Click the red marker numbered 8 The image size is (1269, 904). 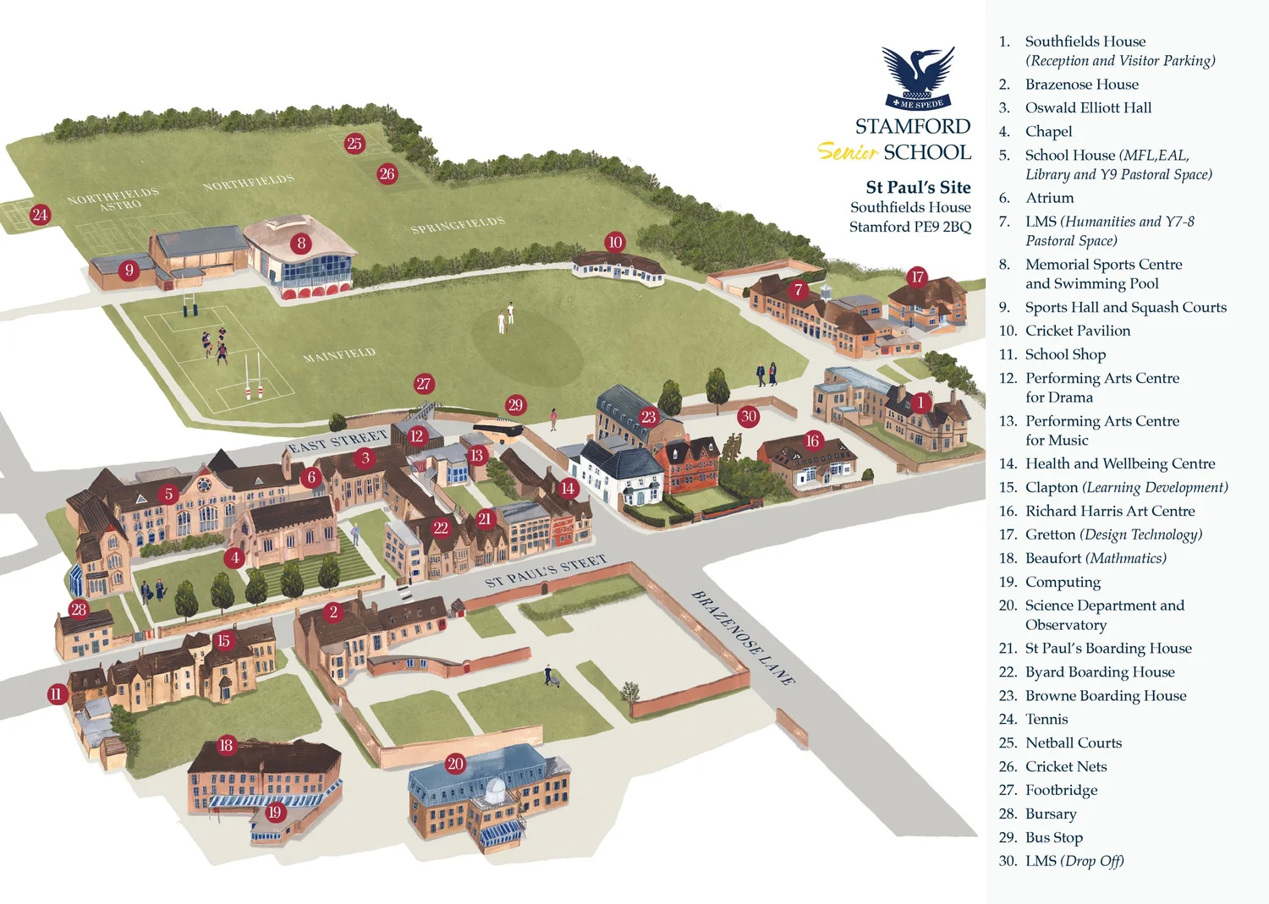point(301,244)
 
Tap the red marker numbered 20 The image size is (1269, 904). point(455,764)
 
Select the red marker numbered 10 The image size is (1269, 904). point(615,242)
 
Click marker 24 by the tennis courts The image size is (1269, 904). point(40,215)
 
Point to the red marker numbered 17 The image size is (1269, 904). point(917,277)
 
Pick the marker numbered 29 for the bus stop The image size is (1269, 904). point(515,405)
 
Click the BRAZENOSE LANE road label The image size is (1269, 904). point(743,637)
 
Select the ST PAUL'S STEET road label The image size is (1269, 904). point(546,571)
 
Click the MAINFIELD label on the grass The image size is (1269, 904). point(338,355)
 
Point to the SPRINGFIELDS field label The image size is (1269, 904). point(457,225)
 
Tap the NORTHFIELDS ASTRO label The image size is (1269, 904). point(113,200)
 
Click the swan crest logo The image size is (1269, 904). point(918,78)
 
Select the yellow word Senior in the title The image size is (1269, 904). point(847,152)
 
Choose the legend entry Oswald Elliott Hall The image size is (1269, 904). point(1088,107)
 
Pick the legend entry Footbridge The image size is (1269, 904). point(1061,790)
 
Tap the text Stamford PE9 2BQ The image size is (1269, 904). point(910,227)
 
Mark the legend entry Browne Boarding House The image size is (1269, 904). point(1105,695)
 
